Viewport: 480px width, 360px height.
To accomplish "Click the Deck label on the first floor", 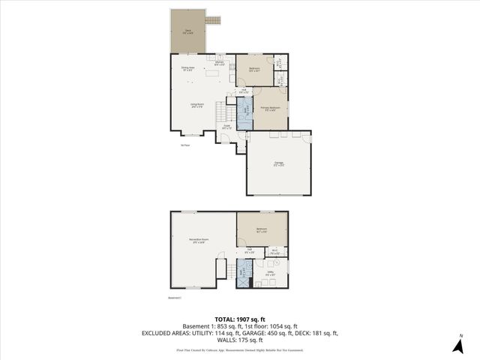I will point(188,31).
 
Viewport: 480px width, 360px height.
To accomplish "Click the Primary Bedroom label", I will point(270,109).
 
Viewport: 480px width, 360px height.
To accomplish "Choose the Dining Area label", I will point(187,68).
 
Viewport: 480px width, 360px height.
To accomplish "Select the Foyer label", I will point(226,127).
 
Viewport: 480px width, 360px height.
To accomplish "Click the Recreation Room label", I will point(198,241).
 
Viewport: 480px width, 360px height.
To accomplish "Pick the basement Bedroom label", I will point(262,229).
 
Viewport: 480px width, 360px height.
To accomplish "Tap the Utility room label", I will point(271,273).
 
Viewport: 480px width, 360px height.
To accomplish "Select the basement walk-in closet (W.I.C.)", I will point(275,253).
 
